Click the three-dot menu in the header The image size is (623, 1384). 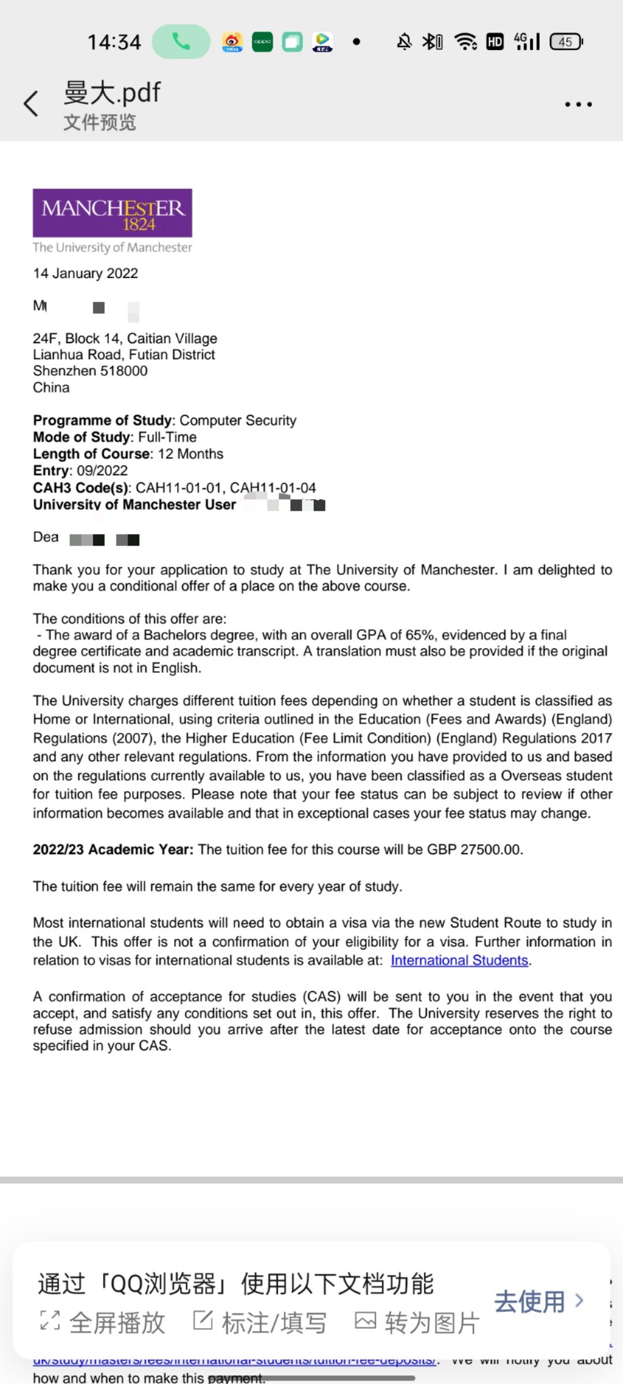pos(578,104)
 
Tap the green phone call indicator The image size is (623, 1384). pos(181,42)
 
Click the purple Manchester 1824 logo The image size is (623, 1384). pos(112,213)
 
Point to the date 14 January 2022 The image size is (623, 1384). pos(85,273)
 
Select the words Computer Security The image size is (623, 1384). pos(238,420)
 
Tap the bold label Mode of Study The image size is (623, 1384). pos(82,437)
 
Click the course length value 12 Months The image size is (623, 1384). pos(190,454)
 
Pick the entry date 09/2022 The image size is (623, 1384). pos(102,471)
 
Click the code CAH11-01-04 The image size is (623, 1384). pos(273,488)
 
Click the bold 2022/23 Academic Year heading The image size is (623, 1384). pos(113,849)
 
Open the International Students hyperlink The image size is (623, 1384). pos(459,960)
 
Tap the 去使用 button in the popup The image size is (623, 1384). pos(538,1302)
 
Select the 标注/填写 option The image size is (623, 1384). pos(260,1322)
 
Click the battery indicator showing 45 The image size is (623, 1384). pos(566,42)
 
